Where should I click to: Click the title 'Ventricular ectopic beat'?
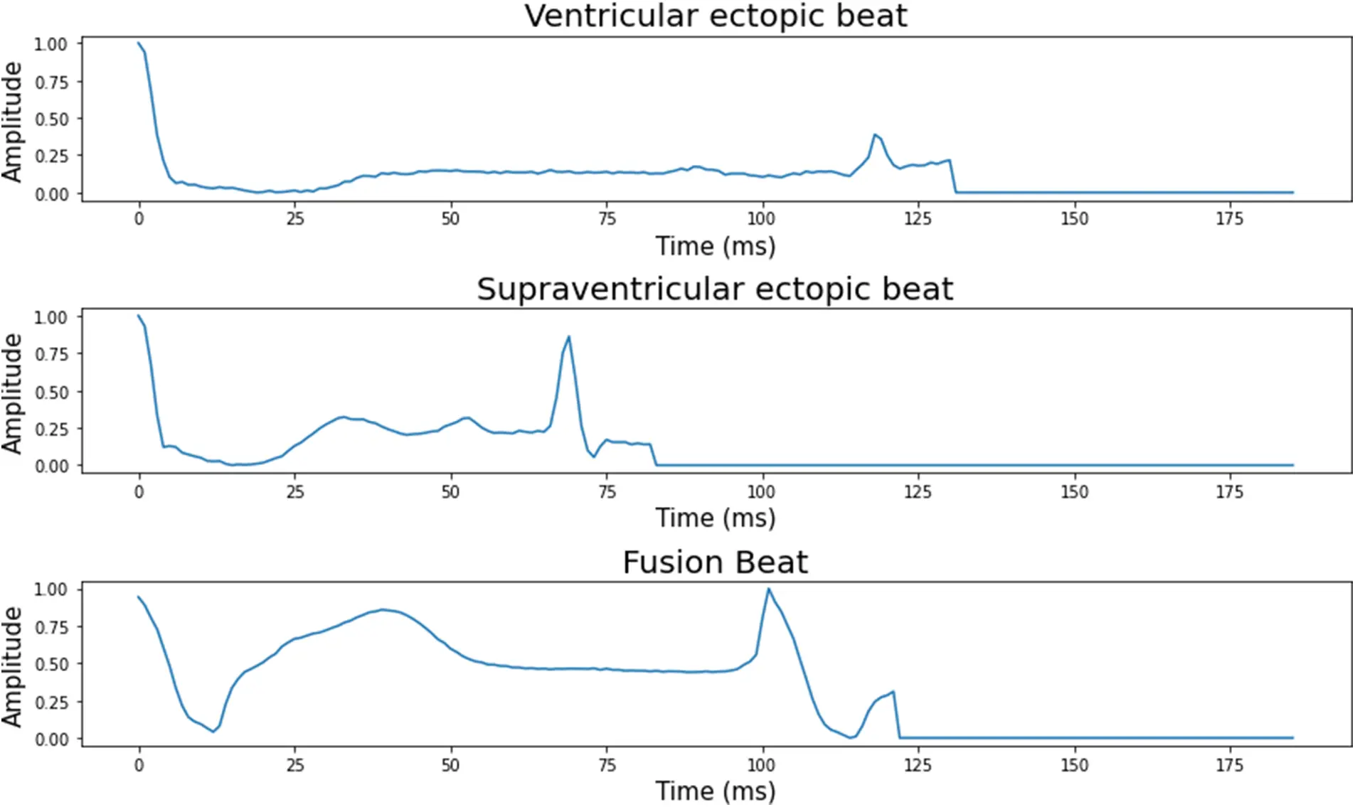coord(716,16)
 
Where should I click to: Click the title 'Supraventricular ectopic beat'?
coord(715,289)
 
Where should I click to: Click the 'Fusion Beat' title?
coord(715,562)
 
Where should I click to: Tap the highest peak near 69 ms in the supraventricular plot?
coord(568,337)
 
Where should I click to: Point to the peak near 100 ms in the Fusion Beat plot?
coord(768,589)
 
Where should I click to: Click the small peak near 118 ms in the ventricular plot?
coord(875,134)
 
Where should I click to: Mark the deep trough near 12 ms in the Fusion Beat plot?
coord(213,732)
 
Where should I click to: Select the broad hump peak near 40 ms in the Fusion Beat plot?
coord(383,609)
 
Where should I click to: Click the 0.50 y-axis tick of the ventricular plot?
coord(51,119)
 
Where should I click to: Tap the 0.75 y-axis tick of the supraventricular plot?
coord(51,354)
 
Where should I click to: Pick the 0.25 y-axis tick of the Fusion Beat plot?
coord(51,702)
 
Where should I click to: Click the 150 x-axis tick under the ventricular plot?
coord(1074,218)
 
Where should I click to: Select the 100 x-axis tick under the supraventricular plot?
coord(761,491)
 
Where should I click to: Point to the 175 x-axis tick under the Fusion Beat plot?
coord(1229,765)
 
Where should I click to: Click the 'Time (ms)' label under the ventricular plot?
coord(715,246)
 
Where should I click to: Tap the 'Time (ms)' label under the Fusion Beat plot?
coord(715,791)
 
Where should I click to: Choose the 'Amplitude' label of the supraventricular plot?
coord(12,393)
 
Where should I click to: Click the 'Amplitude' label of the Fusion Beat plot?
coord(12,666)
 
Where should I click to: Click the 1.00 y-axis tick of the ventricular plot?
coord(51,44)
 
